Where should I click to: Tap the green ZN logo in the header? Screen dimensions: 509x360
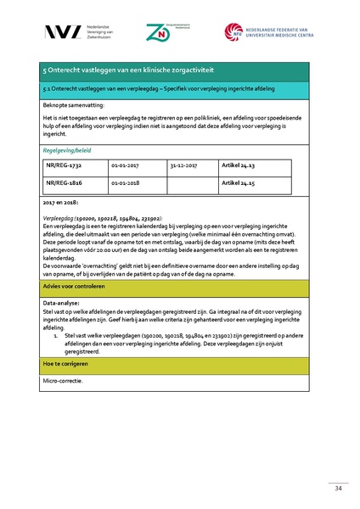(158, 32)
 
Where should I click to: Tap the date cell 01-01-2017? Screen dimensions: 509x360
(125, 166)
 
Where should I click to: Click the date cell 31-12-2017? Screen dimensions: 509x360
(183, 166)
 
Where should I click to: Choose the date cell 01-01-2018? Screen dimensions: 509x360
(125, 182)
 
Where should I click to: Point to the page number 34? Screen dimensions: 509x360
(313, 488)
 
